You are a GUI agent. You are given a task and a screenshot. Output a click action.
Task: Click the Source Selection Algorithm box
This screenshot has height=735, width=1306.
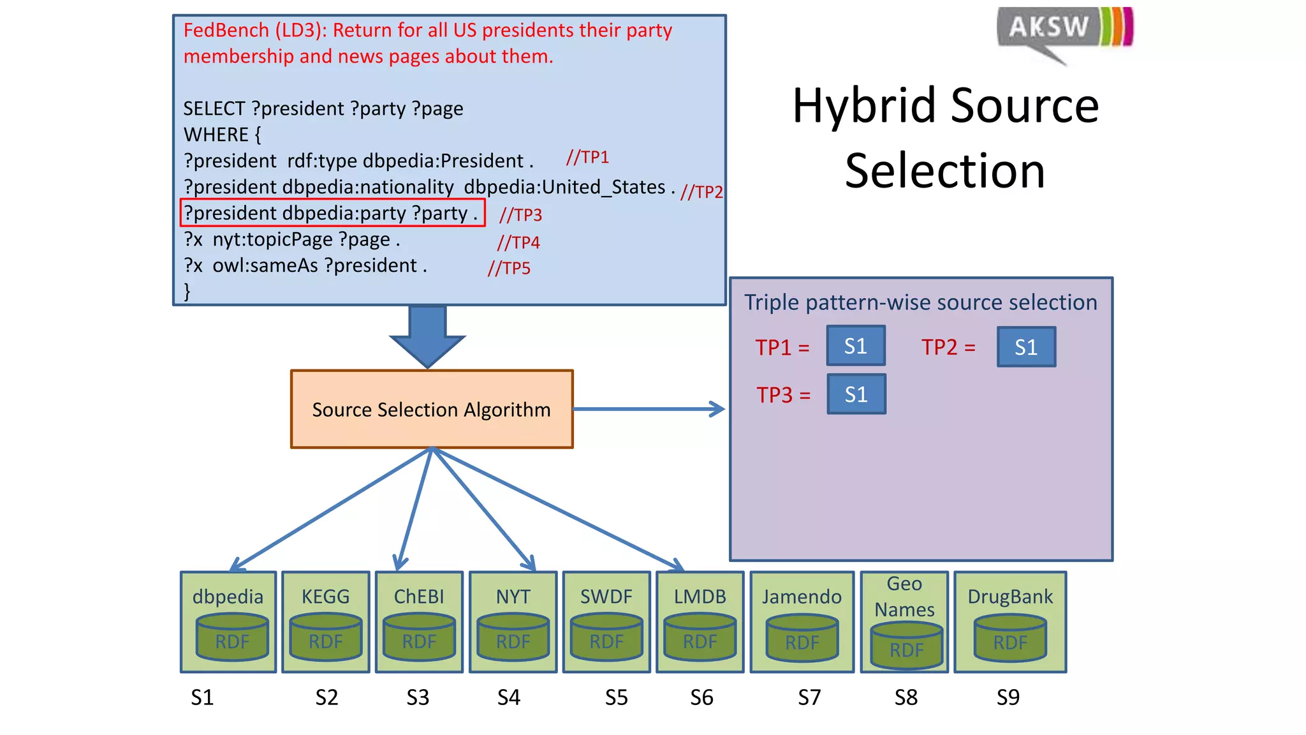[x=432, y=409]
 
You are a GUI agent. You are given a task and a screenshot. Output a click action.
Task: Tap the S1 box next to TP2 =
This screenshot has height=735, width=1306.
[x=1026, y=347]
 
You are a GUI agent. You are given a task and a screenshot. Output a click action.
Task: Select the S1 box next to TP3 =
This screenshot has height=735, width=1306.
[x=856, y=394]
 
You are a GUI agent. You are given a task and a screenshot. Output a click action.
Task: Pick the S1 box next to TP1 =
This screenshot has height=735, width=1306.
[x=855, y=346]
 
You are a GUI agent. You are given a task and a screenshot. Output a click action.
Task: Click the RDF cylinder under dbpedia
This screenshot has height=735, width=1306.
[x=232, y=637]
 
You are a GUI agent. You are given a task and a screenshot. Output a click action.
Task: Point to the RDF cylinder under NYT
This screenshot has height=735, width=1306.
[x=513, y=637]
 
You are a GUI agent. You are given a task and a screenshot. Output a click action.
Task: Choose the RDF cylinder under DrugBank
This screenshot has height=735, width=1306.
[x=1010, y=638]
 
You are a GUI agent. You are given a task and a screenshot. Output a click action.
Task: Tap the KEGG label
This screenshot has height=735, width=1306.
[x=325, y=597]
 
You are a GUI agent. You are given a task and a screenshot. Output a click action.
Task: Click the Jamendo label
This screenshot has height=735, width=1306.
[x=802, y=597]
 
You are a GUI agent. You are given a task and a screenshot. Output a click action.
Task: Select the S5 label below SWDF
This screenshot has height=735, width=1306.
[x=616, y=697]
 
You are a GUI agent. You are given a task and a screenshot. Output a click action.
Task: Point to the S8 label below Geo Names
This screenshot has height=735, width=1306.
[x=906, y=697]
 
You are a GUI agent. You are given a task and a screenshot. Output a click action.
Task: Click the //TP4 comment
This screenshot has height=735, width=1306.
[x=518, y=242]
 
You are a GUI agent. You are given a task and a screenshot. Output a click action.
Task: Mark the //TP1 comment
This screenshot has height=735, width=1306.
[x=587, y=157]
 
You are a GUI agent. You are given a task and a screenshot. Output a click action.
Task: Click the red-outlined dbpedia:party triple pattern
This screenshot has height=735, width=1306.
[x=332, y=213]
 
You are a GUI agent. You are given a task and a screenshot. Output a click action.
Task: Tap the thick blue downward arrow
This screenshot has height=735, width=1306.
[x=427, y=335]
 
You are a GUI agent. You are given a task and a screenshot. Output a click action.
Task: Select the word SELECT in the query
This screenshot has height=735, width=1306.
[x=214, y=108]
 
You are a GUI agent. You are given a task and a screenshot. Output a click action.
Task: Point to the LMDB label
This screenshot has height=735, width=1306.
[x=700, y=597]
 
